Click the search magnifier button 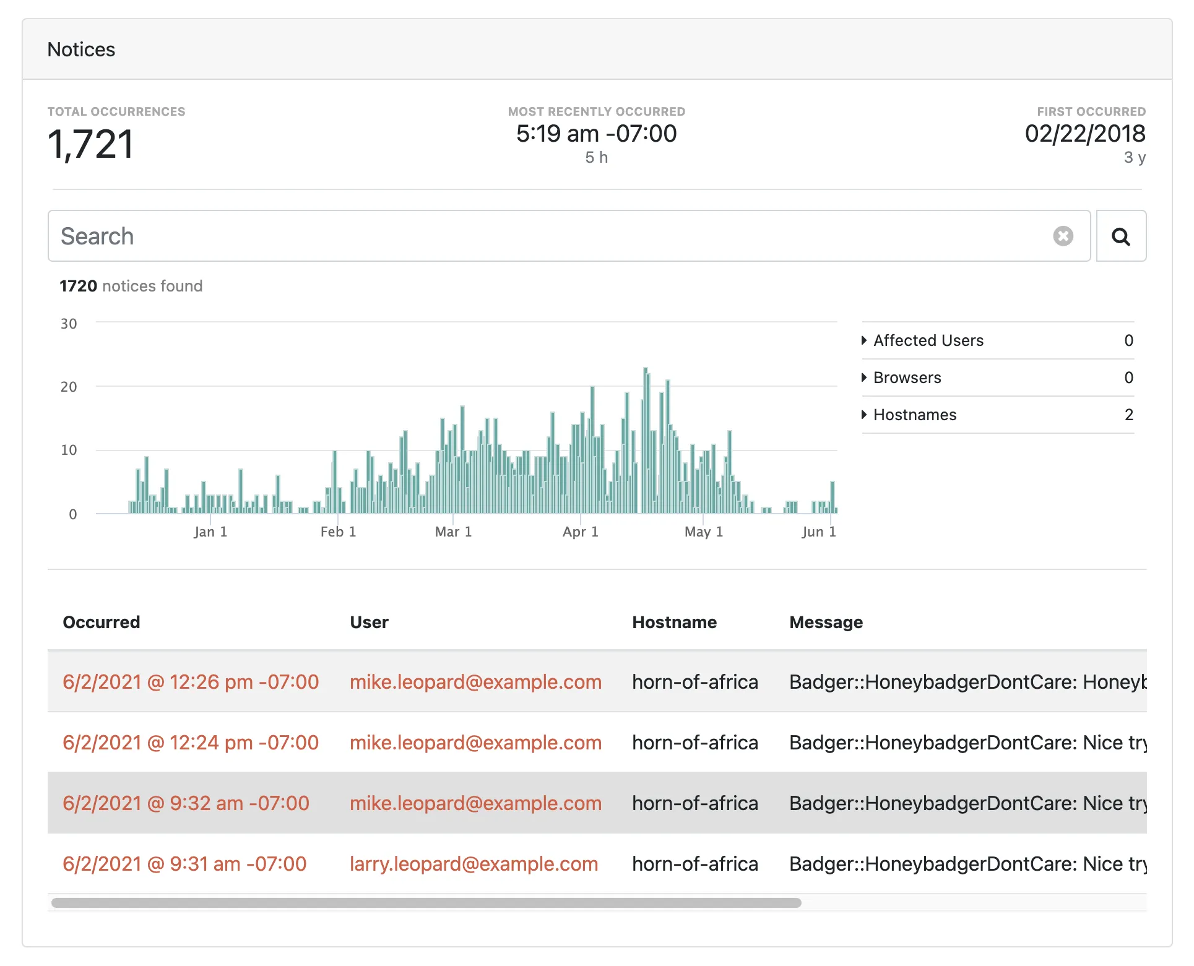(x=1120, y=236)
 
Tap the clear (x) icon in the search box (x=1063, y=236)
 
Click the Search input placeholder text (x=97, y=236)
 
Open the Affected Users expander (x=928, y=340)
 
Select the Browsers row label (x=907, y=377)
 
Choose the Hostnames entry (x=914, y=415)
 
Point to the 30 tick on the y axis (x=69, y=324)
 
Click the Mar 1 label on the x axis (x=453, y=532)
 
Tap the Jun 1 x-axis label (x=818, y=532)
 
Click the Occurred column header (x=102, y=622)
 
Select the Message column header (x=826, y=622)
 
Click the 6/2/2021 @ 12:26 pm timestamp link (x=191, y=682)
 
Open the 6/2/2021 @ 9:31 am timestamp (x=184, y=864)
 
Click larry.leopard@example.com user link (x=474, y=864)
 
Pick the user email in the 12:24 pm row (x=475, y=743)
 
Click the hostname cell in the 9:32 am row (x=694, y=803)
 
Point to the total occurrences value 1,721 (x=90, y=144)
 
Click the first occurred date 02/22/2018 (x=1084, y=134)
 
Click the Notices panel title (x=81, y=50)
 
